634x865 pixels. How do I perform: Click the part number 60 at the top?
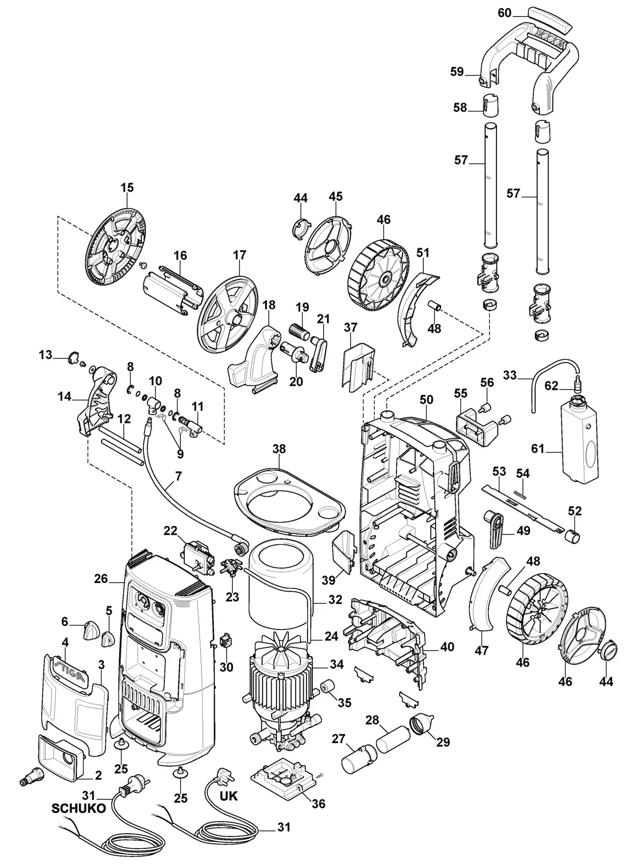click(505, 13)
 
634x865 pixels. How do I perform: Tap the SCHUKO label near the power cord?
click(78, 808)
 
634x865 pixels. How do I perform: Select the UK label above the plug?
click(229, 795)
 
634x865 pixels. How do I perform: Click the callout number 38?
click(279, 449)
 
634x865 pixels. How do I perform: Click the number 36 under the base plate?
click(319, 803)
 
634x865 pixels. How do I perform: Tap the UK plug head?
click(223, 774)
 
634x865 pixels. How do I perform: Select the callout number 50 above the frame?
click(426, 399)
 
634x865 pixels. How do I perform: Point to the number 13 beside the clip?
click(45, 354)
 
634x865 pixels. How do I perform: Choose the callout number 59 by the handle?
click(457, 72)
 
